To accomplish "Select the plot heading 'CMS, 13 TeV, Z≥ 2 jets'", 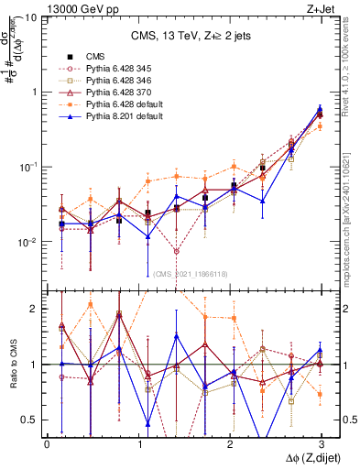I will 185,38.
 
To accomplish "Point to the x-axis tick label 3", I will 320,444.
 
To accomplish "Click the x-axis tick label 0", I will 47,444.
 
